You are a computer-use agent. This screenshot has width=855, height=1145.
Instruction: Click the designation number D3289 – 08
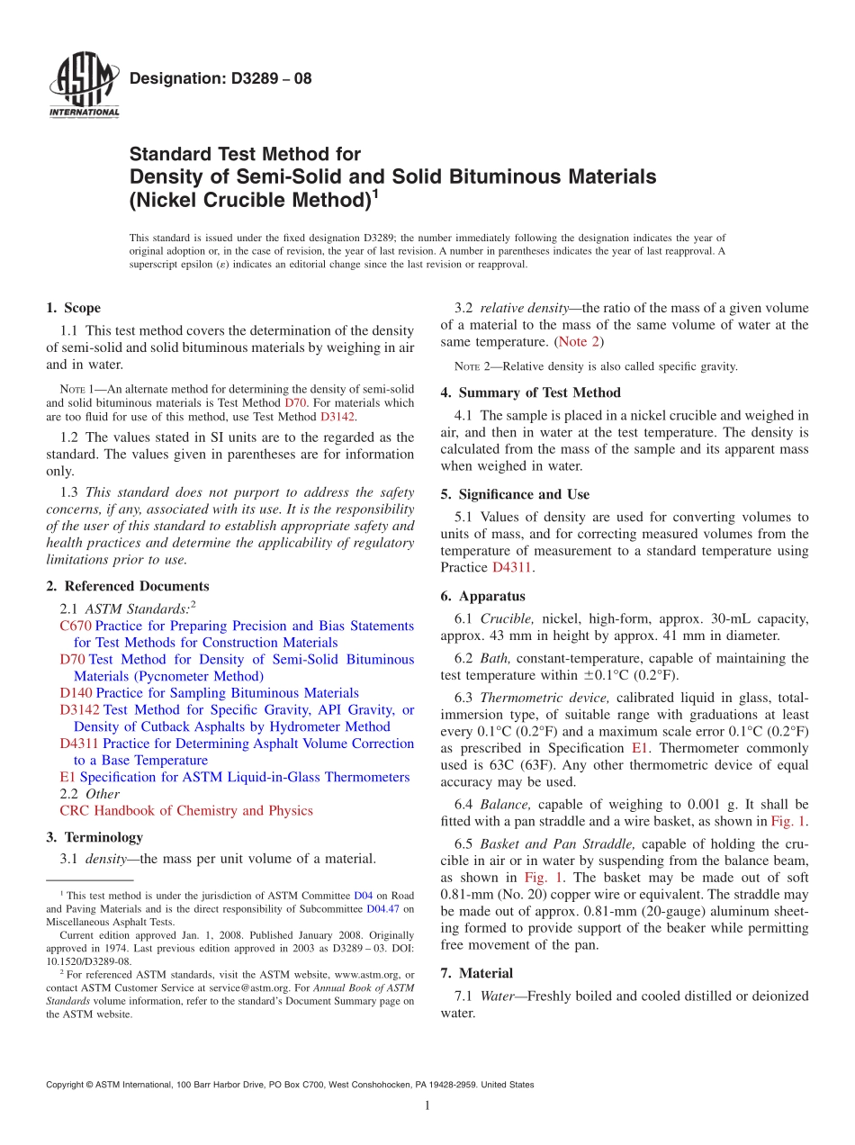click(x=220, y=78)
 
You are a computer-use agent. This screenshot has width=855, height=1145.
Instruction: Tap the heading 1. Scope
click(x=73, y=308)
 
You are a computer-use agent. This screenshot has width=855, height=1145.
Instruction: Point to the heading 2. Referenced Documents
click(x=127, y=586)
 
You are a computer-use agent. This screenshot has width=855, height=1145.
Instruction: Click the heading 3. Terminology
click(x=94, y=837)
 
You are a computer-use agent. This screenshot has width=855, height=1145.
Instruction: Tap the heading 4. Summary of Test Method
click(x=530, y=392)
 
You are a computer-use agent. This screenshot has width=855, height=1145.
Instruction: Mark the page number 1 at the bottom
click(x=427, y=1105)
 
